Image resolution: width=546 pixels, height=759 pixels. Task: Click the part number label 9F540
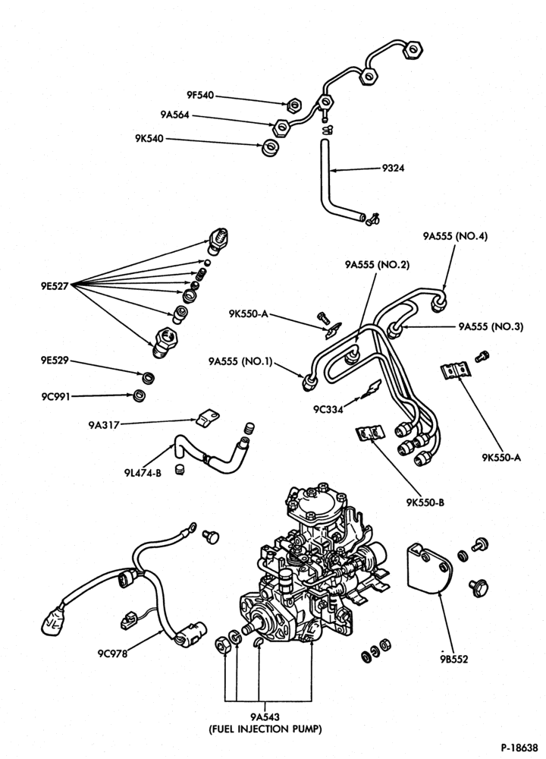tap(200, 96)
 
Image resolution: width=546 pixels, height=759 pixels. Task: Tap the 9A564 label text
tap(175, 115)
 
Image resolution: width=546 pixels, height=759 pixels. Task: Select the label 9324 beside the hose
tap(393, 168)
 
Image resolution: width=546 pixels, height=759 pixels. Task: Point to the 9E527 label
tap(55, 285)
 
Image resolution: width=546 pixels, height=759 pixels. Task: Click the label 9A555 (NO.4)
tap(455, 236)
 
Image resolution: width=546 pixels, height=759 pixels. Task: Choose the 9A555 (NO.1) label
tap(241, 361)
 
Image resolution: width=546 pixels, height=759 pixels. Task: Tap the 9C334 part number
tap(328, 410)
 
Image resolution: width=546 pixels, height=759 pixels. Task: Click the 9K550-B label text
tap(425, 502)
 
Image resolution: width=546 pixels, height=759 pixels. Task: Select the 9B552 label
tap(454, 659)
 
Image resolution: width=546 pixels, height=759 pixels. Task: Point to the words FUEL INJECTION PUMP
tap(265, 729)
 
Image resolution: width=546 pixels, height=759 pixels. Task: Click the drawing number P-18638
tap(519, 748)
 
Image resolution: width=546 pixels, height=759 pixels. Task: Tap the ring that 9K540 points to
tap(270, 148)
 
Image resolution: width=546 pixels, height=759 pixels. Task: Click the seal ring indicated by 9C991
tap(140, 395)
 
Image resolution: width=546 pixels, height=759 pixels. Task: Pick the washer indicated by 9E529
tap(148, 376)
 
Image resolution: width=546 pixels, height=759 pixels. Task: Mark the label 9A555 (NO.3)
tap(491, 326)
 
